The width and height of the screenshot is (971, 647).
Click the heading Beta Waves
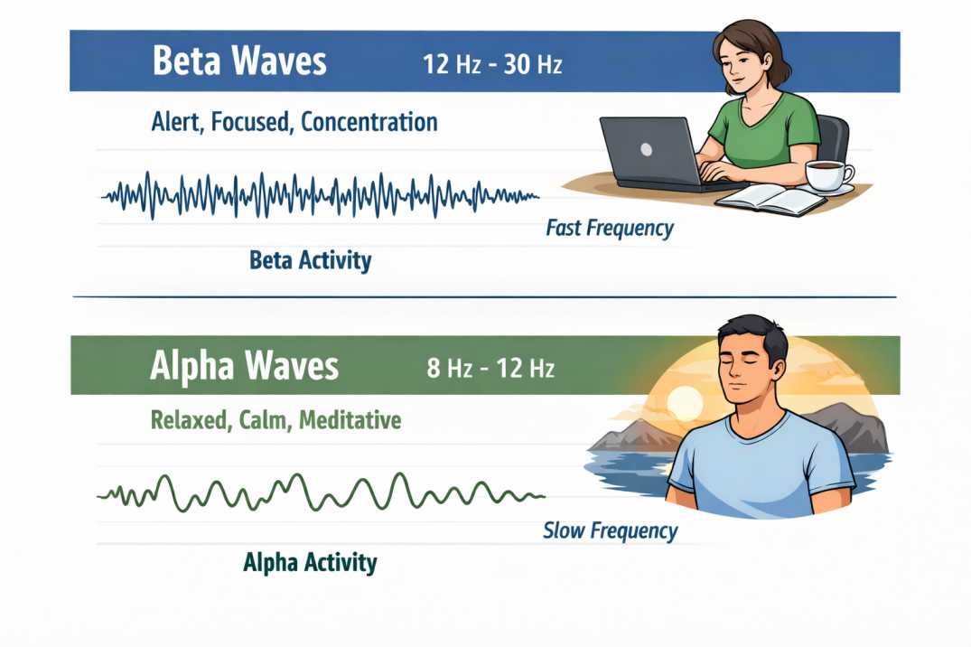(239, 61)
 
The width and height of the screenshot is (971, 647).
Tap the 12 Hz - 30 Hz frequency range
(492, 64)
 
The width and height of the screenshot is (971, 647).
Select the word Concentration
(369, 121)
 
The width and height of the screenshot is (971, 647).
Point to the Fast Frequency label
(610, 228)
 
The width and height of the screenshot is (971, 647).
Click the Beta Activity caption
(310, 260)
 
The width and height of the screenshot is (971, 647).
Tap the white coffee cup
(828, 174)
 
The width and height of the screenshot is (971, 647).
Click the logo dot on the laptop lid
(646, 149)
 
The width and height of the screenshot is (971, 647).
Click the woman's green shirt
(765, 132)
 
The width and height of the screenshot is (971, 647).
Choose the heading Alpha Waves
(244, 366)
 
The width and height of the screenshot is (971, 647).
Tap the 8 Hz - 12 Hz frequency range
(490, 368)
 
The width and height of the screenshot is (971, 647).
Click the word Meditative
(350, 420)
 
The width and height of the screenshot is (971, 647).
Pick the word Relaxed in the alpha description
(189, 420)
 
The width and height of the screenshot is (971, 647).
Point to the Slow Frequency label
(610, 530)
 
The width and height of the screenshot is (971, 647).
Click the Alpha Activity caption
(310, 563)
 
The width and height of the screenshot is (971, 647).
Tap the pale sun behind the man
(685, 403)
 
